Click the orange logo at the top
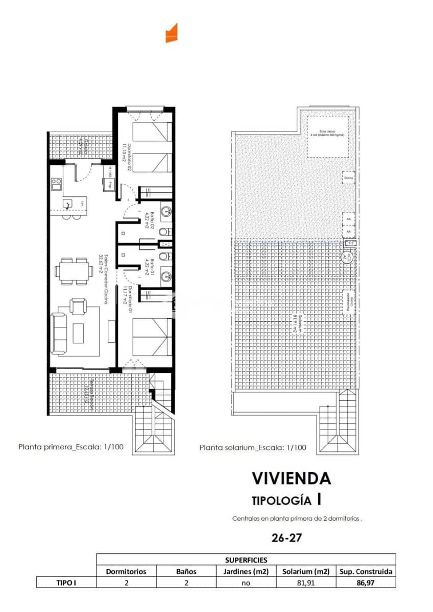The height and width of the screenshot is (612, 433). (171, 33)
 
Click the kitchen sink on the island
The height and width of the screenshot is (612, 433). (68, 204)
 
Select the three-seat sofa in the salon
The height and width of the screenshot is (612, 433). (59, 334)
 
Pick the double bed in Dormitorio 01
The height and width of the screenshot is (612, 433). (151, 337)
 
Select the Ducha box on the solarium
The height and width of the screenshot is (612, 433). (349, 177)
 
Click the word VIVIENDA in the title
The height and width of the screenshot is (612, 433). (291, 478)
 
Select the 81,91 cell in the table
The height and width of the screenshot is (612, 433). (305, 582)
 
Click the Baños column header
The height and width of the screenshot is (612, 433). (186, 571)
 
